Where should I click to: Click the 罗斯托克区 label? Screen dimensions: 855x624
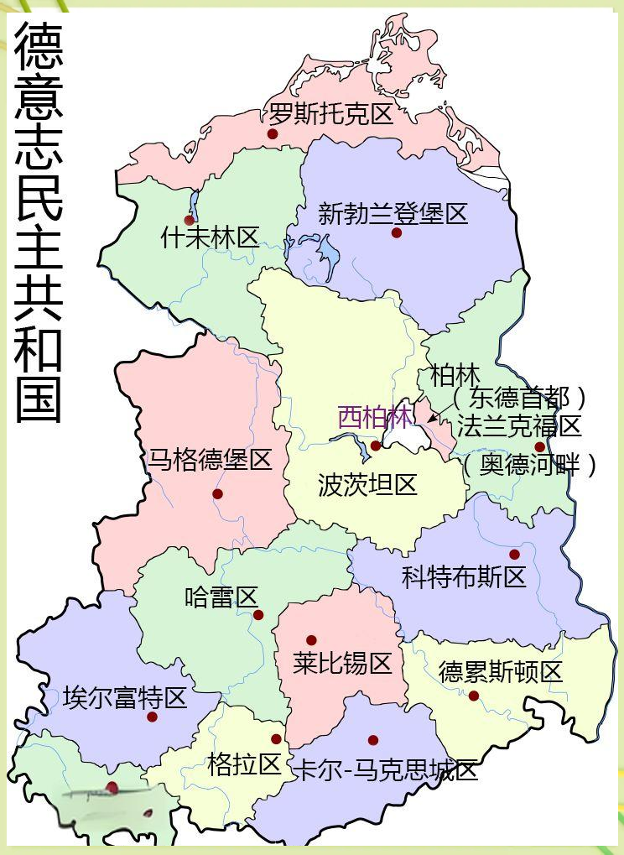coord(331,113)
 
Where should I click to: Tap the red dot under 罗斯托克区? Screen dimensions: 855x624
coord(273,133)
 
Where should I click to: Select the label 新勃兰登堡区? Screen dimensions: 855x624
coord(393,213)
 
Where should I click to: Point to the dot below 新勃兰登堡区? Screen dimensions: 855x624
coord(397,232)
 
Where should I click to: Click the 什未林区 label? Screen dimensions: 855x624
coord(210,237)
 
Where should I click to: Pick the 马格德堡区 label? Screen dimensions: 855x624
coord(211,460)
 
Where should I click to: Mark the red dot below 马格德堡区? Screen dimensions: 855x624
coord(217,494)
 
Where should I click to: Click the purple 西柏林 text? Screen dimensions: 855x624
coord(375,417)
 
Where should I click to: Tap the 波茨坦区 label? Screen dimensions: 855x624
coord(368,484)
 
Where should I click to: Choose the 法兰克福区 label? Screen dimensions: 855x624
coord(519,426)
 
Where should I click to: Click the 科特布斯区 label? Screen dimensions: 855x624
coord(464,576)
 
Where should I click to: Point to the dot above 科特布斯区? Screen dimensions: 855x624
coord(514,555)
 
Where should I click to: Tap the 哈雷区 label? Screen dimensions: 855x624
coord(221,597)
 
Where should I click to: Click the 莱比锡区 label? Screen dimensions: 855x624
coord(343,664)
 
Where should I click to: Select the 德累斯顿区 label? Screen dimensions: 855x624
coord(501,672)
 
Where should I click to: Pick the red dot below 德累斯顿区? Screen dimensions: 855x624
coord(474,696)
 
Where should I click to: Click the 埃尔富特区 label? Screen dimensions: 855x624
coord(125,697)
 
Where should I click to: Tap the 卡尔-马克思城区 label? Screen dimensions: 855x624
coord(384,769)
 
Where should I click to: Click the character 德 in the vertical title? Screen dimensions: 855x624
coord(39,48)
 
